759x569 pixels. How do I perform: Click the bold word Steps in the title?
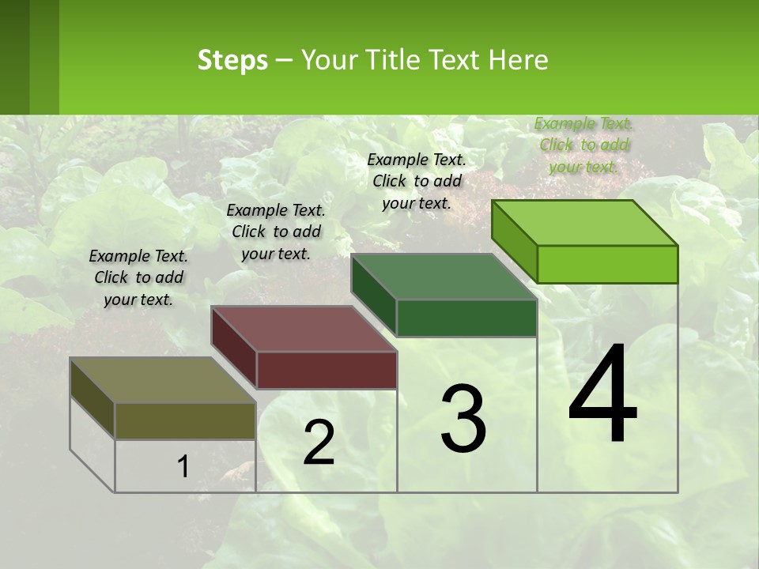[232, 60]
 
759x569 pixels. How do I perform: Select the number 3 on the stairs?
[463, 418]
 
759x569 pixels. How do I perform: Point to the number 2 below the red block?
[319, 443]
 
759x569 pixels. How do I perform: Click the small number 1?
[183, 467]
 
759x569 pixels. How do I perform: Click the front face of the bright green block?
[607, 264]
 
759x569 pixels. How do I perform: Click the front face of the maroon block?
[327, 370]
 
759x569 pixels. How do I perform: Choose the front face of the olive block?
[185, 420]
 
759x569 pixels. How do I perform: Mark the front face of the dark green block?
[466, 318]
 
